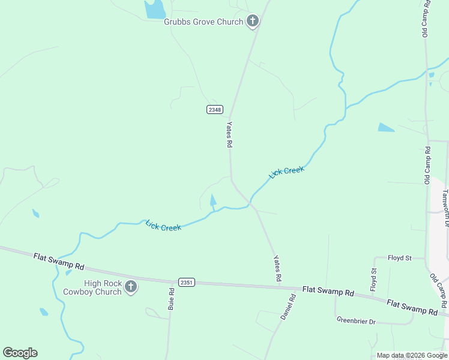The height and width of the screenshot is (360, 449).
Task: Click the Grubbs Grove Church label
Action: pyautogui.click(x=203, y=22)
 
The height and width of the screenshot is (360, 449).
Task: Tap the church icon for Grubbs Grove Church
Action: pyautogui.click(x=253, y=22)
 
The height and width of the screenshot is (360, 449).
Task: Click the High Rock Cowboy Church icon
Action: pyautogui.click(x=131, y=287)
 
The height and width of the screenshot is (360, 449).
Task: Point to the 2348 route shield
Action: pyautogui.click(x=214, y=109)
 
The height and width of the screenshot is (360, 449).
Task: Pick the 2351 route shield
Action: pyautogui.click(x=187, y=282)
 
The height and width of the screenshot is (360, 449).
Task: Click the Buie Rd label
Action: pyautogui.click(x=172, y=299)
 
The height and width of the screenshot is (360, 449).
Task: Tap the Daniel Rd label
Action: pyautogui.click(x=288, y=306)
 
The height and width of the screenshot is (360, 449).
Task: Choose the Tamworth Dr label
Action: pyautogui.click(x=445, y=208)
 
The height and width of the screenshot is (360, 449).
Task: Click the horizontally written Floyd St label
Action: pyautogui.click(x=399, y=258)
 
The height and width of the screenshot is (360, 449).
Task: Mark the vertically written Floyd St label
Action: pyautogui.click(x=373, y=279)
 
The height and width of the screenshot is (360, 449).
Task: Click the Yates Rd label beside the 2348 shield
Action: pyautogui.click(x=229, y=134)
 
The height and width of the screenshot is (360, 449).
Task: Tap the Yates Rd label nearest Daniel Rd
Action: pyautogui.click(x=277, y=268)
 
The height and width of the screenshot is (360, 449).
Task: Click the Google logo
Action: pyautogui.click(x=20, y=353)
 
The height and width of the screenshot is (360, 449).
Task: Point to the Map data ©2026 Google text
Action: pyautogui.click(x=412, y=355)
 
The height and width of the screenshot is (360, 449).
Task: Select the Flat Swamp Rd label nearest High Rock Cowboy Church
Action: pyautogui.click(x=59, y=262)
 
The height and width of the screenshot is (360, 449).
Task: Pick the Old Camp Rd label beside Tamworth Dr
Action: pyautogui.click(x=427, y=164)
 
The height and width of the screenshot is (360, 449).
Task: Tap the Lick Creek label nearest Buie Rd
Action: pyautogui.click(x=163, y=226)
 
